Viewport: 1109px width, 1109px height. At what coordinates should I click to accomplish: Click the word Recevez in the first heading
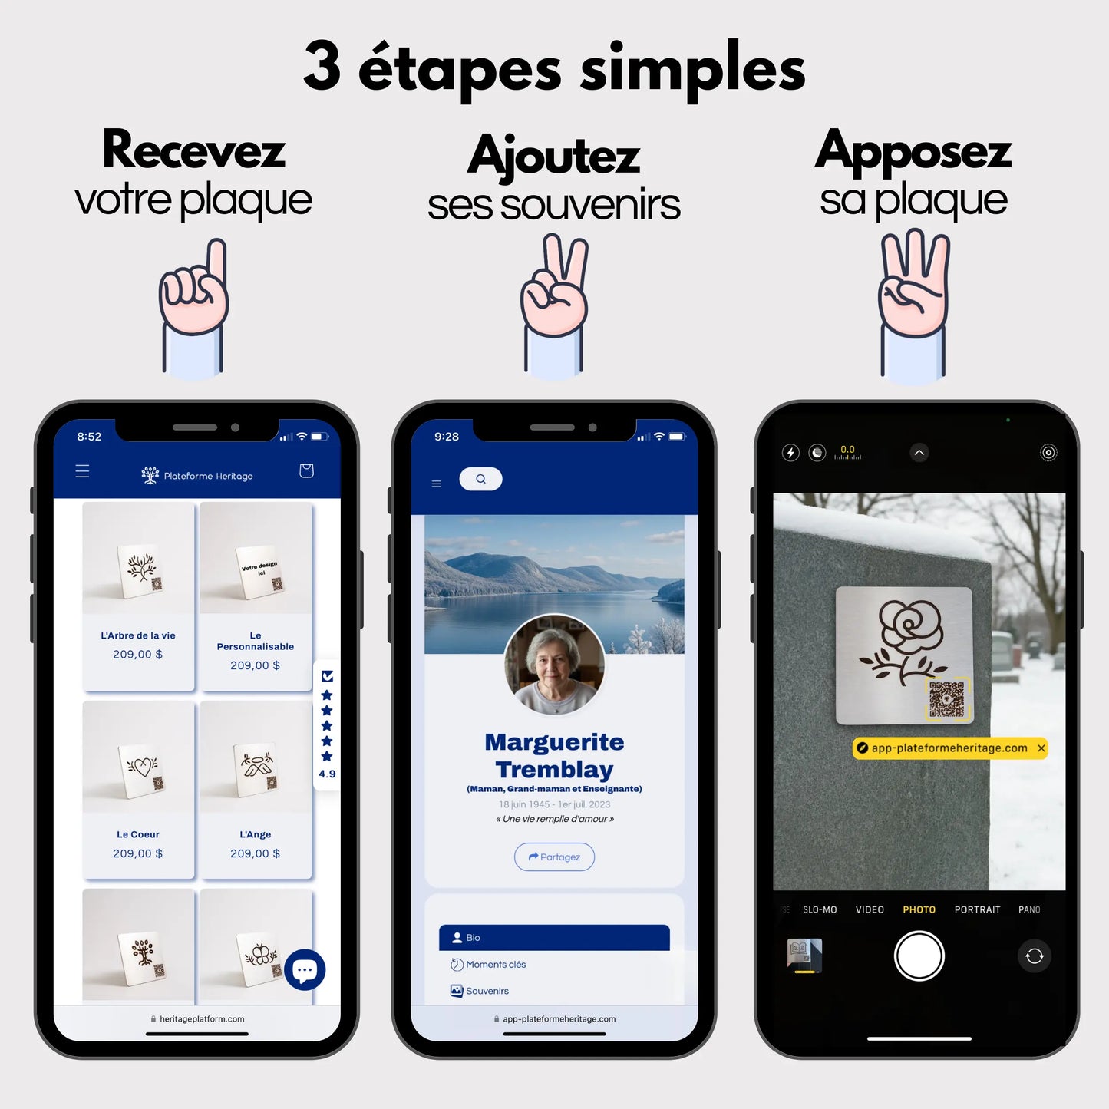point(193,150)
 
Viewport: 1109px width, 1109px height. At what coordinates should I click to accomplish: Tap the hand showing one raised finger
point(193,295)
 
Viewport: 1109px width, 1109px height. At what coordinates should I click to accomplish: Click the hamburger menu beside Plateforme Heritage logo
point(82,471)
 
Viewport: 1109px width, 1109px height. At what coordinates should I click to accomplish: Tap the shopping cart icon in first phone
point(306,470)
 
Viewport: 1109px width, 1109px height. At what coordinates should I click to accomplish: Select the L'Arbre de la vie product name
point(138,635)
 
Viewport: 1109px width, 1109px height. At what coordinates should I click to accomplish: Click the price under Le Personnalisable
point(255,665)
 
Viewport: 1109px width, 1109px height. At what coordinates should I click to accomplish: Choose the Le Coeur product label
point(138,834)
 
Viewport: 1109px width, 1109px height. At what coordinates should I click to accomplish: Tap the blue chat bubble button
point(305,970)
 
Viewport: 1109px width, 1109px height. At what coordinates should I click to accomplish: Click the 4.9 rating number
point(327,774)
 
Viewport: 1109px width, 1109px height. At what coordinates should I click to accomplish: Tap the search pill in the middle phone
point(480,479)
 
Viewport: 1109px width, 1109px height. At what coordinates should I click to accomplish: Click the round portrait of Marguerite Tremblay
point(554,665)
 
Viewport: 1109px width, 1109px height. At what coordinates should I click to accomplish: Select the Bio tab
point(553,937)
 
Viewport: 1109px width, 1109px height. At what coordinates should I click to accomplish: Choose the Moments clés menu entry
point(496,965)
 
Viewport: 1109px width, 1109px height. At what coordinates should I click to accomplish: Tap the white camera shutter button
point(919,956)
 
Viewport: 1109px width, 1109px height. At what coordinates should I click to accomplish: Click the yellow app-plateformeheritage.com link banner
point(949,748)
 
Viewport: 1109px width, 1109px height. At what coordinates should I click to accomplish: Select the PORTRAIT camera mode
point(977,909)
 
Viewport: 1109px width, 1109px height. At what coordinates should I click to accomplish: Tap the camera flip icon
point(1034,956)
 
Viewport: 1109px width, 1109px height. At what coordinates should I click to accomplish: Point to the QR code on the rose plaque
point(946,698)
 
